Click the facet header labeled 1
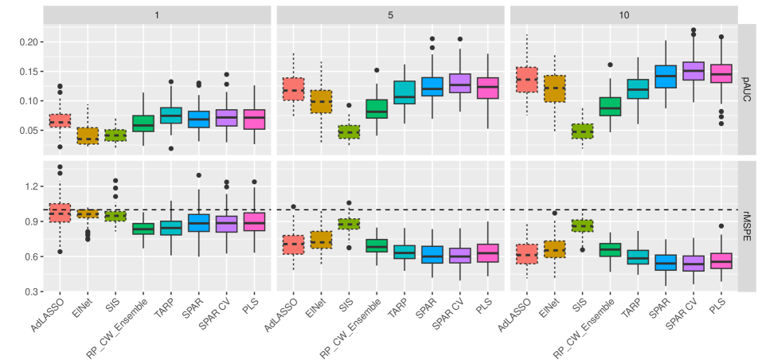[x=156, y=15]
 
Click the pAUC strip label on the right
[x=748, y=88]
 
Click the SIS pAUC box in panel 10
[x=583, y=131]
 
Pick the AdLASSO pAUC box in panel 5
[x=294, y=88]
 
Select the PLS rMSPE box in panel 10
[x=721, y=262]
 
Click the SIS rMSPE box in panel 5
[x=349, y=224]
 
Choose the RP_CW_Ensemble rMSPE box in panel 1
[x=143, y=229]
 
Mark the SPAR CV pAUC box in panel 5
[x=459, y=83]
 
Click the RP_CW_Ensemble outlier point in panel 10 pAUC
[x=610, y=65]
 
